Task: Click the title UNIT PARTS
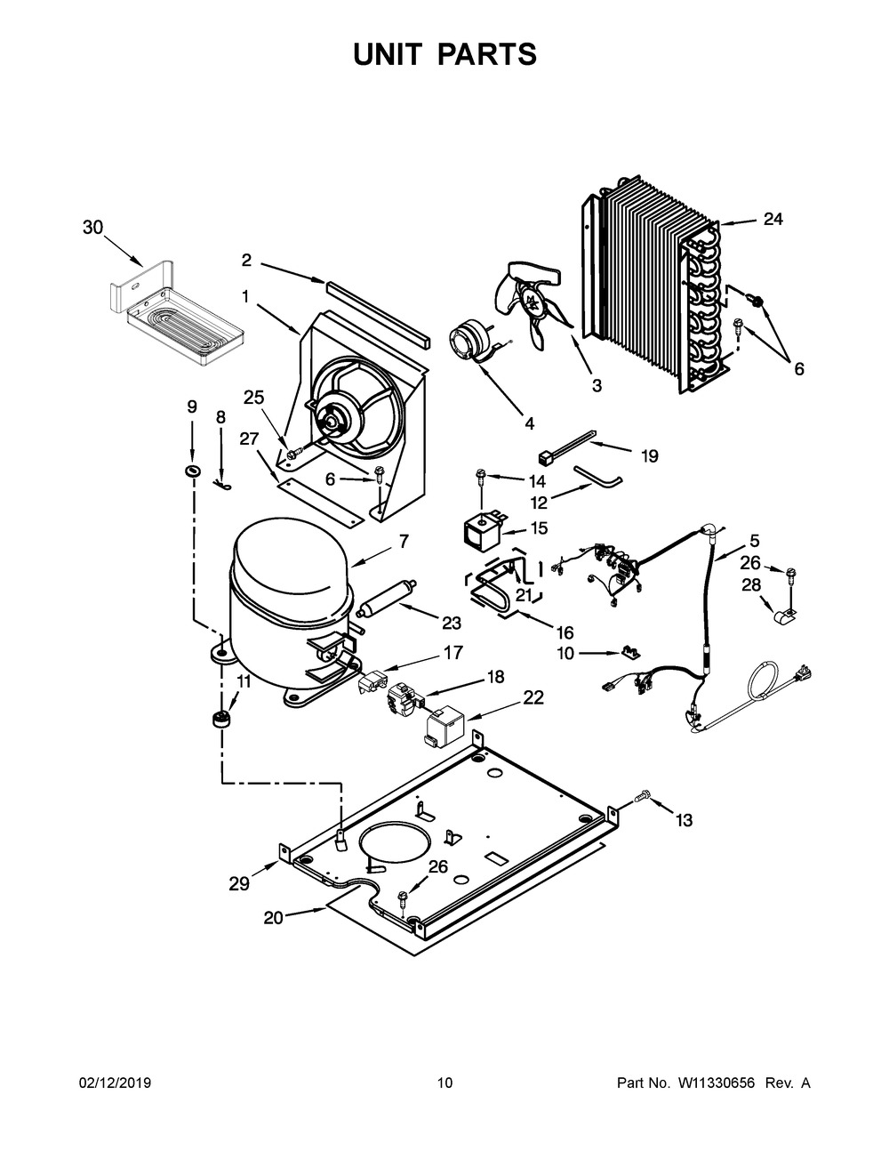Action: [x=444, y=54]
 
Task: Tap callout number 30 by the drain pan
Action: [x=92, y=228]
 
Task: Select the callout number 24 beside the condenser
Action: [x=773, y=219]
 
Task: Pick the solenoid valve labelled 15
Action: [x=480, y=531]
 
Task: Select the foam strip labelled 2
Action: [x=377, y=313]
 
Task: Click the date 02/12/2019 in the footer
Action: [x=115, y=1083]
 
